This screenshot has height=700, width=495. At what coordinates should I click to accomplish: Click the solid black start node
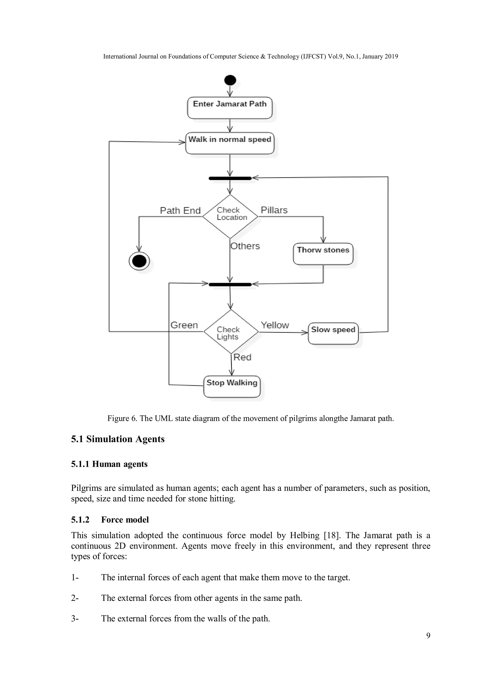click(230, 80)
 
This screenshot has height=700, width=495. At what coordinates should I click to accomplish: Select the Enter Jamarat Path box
click(230, 108)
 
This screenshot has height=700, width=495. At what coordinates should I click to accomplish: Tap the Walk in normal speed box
click(230, 143)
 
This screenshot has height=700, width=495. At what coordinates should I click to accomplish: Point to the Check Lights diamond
click(231, 332)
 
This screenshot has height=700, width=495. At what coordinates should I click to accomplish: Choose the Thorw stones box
click(323, 254)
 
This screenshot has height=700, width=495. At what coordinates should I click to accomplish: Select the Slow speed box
click(333, 333)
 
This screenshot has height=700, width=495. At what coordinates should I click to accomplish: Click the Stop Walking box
click(232, 386)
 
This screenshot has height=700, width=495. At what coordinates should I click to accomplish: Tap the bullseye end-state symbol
click(139, 261)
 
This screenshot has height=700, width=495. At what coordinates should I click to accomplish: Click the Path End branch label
click(180, 210)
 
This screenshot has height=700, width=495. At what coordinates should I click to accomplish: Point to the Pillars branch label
click(274, 210)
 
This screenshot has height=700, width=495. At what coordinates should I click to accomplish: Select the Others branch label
click(245, 246)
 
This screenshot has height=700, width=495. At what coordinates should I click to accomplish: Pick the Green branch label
click(184, 325)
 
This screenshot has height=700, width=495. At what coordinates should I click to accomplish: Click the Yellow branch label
click(275, 325)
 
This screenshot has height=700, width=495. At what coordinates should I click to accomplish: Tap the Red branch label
click(242, 357)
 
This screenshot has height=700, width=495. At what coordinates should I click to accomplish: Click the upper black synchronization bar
click(230, 178)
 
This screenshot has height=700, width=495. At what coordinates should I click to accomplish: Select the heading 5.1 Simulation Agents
click(118, 439)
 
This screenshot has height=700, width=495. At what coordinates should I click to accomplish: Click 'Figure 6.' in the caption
click(122, 418)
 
